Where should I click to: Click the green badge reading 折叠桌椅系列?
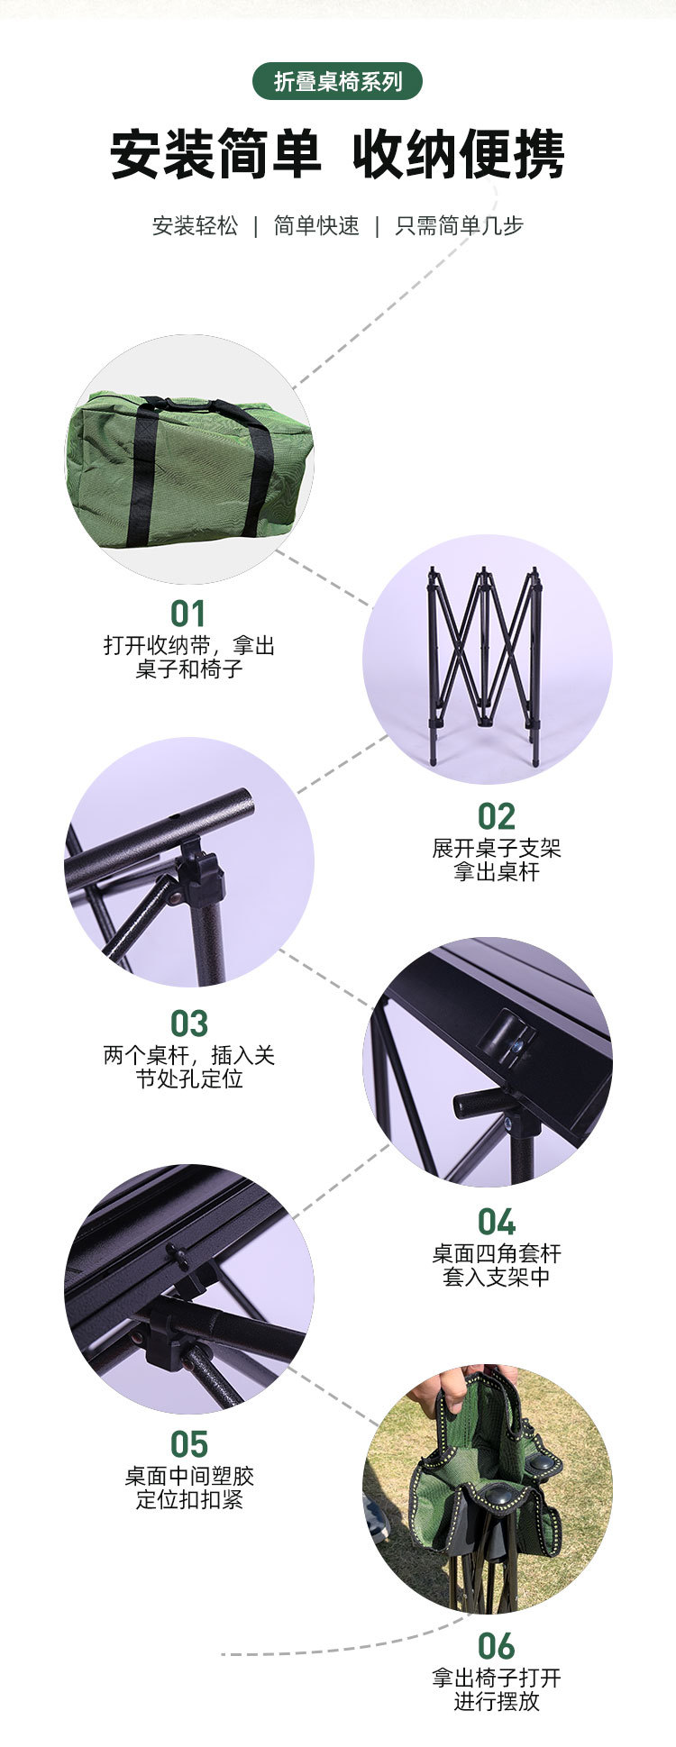pos(337,82)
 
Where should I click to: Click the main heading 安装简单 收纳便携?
pos(337,154)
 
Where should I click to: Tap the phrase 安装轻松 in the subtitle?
pos(195,225)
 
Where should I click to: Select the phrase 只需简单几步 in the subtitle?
pos(459,225)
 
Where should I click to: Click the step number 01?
pos(188,614)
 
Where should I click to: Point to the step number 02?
pos(496,817)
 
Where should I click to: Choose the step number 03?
pos(188,1024)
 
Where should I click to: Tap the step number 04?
pos(496,1223)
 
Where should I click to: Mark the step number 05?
pos(188,1444)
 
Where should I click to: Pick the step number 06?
pos(496,1646)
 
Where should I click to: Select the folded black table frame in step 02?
pos(485,662)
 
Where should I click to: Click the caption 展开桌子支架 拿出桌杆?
pos(496,860)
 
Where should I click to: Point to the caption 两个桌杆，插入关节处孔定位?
pos(188,1067)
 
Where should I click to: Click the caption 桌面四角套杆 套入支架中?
pos(496,1265)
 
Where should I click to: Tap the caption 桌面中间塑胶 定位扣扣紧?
pos(188,1488)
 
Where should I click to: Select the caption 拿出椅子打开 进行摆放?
pos(496,1689)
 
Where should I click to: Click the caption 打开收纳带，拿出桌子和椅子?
pos(188,658)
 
